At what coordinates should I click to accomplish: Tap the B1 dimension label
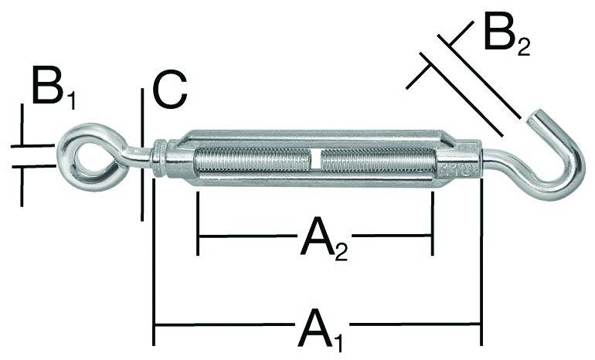54,89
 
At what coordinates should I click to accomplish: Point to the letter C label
169,90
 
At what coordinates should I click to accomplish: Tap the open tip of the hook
535,118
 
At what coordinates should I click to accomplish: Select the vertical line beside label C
143,155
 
